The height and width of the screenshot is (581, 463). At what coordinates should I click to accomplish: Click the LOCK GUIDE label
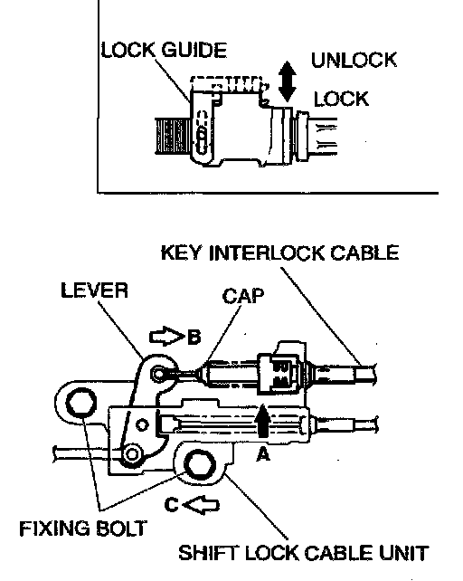(x=164, y=50)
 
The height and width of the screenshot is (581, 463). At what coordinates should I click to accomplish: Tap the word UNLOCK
(x=354, y=60)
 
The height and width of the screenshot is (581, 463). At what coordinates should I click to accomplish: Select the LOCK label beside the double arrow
(x=341, y=99)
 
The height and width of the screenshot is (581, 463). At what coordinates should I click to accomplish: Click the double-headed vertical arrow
(x=287, y=81)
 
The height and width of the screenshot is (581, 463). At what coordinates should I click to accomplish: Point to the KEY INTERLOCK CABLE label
(x=279, y=253)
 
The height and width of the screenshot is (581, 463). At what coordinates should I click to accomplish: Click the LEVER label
(x=94, y=290)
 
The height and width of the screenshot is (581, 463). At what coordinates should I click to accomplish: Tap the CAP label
(x=243, y=296)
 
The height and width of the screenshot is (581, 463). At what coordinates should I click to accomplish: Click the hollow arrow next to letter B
(x=166, y=336)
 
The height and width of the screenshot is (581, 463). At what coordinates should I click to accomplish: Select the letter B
(x=194, y=337)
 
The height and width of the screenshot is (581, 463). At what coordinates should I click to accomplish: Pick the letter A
(x=263, y=454)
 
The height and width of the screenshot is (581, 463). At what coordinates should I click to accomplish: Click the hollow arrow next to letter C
(x=201, y=505)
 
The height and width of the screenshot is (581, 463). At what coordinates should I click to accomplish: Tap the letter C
(x=172, y=505)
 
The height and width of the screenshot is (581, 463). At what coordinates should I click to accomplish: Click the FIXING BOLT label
(x=83, y=529)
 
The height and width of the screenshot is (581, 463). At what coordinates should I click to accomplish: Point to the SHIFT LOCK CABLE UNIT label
(x=303, y=553)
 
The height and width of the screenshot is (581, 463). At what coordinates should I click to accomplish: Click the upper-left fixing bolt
(x=80, y=403)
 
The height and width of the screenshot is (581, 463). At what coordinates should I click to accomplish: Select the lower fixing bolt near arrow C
(x=200, y=464)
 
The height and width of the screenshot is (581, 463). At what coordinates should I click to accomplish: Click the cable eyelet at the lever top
(x=160, y=374)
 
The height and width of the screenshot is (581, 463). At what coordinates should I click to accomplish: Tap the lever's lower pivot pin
(x=132, y=454)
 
